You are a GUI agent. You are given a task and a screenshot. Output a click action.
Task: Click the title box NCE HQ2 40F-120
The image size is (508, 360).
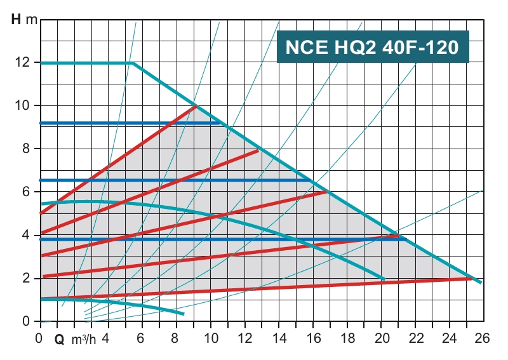point(373,47)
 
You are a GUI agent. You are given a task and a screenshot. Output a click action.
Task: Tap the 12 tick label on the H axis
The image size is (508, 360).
point(23,62)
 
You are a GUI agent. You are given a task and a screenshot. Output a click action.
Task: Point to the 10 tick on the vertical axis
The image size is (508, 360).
point(23,105)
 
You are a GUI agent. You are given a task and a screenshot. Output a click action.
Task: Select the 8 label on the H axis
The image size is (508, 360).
point(26,149)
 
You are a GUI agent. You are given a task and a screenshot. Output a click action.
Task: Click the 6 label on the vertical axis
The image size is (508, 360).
point(26,192)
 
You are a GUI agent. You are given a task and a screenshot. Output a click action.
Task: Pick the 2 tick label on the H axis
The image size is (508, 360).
point(26,278)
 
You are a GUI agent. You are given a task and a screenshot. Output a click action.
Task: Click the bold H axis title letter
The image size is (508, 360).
point(17,18)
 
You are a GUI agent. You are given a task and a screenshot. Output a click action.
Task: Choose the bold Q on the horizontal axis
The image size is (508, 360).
point(60,339)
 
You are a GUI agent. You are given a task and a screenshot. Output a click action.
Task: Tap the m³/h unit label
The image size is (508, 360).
point(84,339)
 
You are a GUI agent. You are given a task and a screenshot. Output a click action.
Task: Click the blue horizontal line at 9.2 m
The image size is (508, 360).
point(127,123)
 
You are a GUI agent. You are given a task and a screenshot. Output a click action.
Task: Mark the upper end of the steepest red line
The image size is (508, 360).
point(197,106)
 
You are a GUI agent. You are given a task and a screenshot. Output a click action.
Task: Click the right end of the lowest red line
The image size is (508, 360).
point(472,278)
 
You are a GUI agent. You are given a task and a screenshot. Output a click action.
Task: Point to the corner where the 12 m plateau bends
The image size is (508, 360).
point(133,63)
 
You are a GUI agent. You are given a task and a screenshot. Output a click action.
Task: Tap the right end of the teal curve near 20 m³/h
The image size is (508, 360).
point(384,279)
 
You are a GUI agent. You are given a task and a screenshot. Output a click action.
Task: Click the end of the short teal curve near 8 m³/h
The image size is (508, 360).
point(183,314)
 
